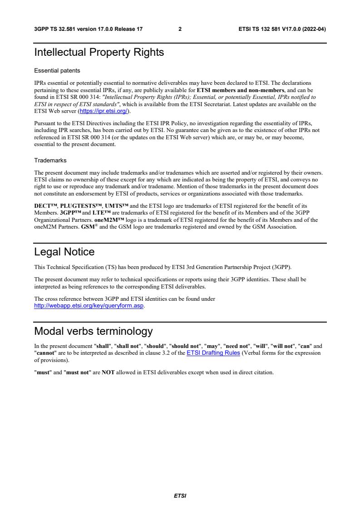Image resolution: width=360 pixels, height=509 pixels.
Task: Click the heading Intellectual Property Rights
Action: [x=99, y=53]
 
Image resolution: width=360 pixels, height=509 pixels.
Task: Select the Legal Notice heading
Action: [x=64, y=252]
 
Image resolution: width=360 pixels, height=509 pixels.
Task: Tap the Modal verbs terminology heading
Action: [x=94, y=331]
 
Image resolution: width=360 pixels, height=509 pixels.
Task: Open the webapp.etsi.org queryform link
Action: [x=89, y=305]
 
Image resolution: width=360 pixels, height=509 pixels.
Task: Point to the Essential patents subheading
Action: [x=57, y=71]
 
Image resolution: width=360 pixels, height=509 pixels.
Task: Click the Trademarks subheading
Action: [x=50, y=160]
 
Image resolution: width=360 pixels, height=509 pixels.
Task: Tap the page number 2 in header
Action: [x=180, y=29]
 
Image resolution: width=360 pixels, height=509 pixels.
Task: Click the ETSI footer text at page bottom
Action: [x=180, y=496]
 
